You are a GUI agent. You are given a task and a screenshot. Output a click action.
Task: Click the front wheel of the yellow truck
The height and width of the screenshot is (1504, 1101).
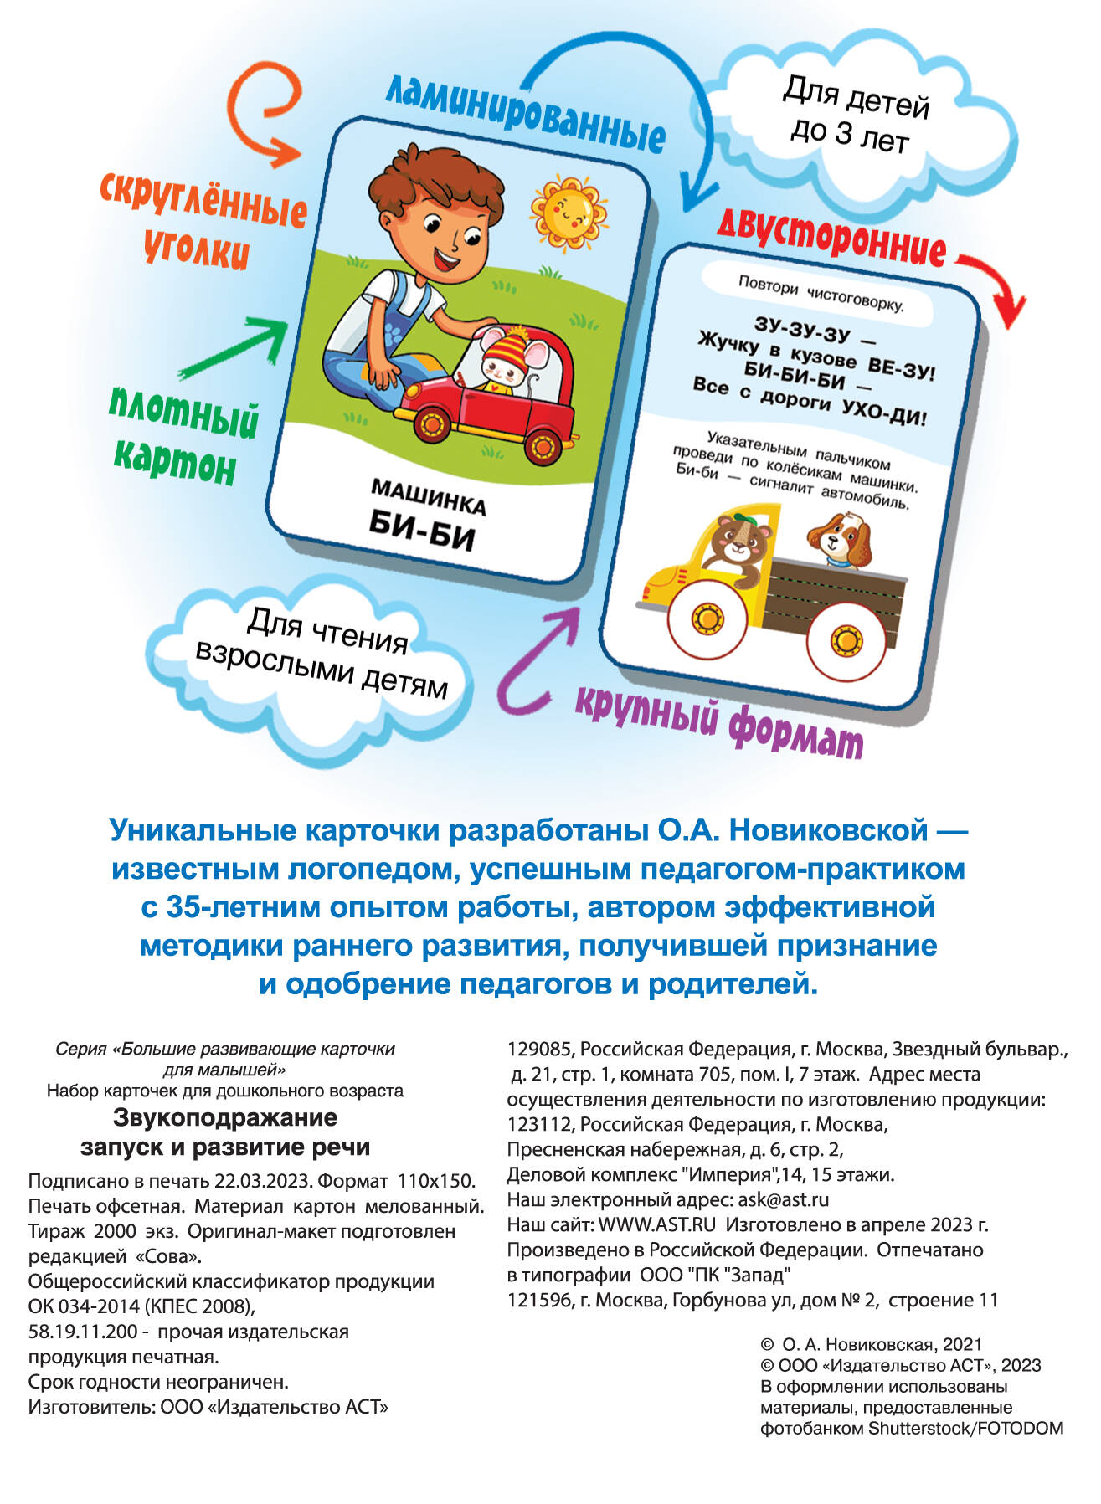pyautogui.click(x=708, y=619)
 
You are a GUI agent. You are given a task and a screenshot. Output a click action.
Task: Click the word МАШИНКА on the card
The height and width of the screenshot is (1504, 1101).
pyautogui.click(x=428, y=497)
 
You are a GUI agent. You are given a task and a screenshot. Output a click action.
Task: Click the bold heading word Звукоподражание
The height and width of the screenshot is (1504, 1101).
pyautogui.click(x=225, y=1117)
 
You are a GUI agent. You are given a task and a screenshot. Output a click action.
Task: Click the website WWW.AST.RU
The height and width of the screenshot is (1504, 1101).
pyautogui.click(x=656, y=1224)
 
